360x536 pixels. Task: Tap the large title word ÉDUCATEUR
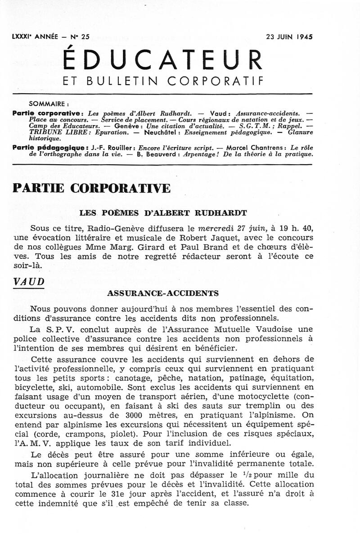click(162, 60)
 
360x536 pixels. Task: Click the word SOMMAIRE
click(48, 102)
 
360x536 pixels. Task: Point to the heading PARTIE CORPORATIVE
click(92, 188)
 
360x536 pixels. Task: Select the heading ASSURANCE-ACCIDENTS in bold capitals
click(163, 293)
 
